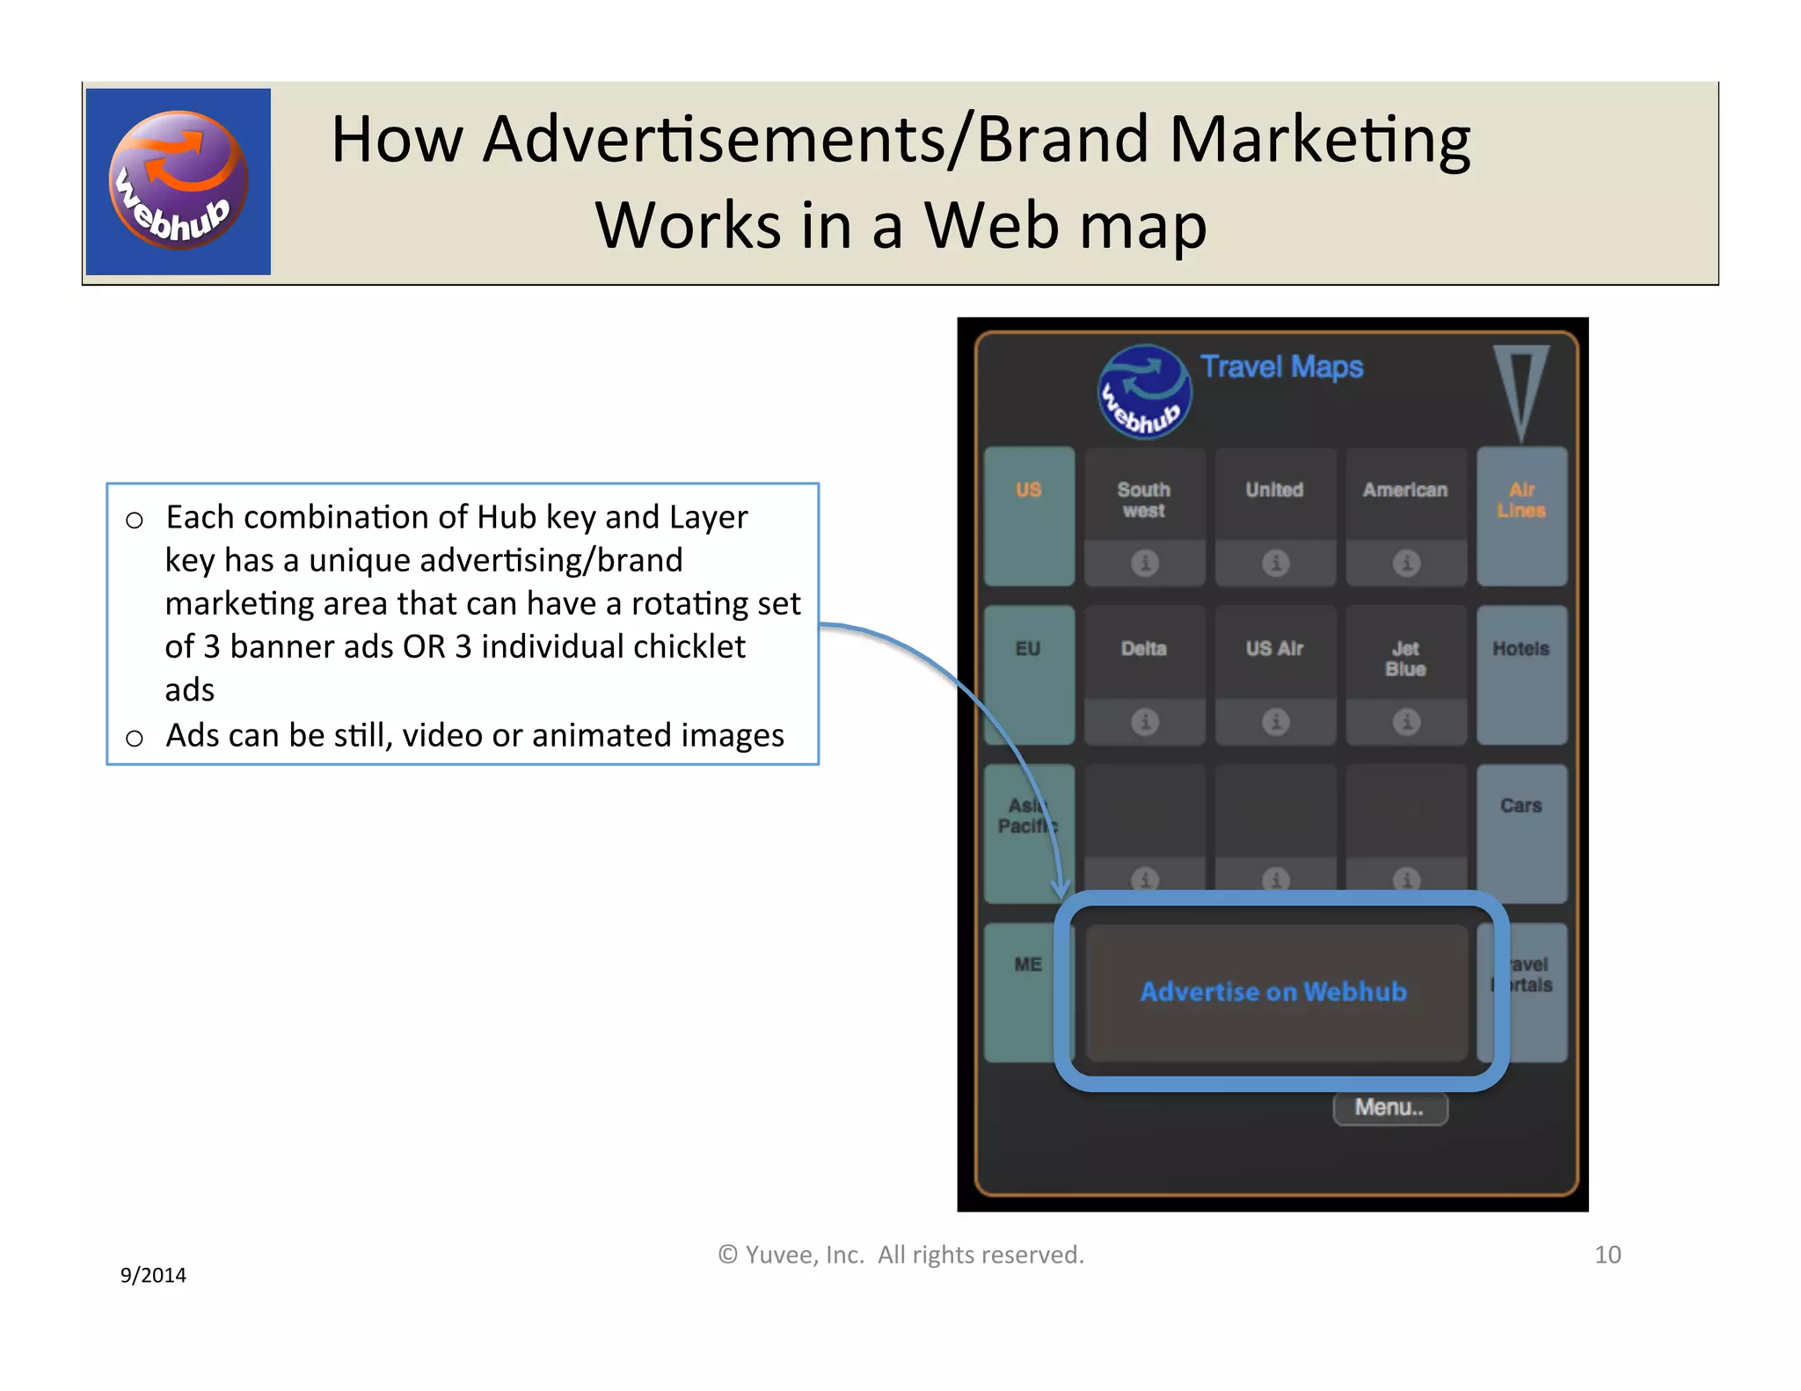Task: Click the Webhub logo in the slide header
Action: pos(179,181)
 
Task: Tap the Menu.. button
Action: pos(1389,1108)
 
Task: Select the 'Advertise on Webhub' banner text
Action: pos(1273,992)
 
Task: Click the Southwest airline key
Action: pos(1144,499)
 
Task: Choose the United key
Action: pos(1274,491)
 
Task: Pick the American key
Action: pos(1405,491)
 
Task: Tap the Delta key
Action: pos(1144,650)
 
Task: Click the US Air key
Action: pos(1274,650)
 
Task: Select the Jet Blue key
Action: pos(1405,659)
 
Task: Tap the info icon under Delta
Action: pos(1144,722)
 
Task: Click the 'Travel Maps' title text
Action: pos(1281,367)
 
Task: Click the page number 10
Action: pos(1608,1255)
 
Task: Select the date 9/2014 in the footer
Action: pos(153,1275)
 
